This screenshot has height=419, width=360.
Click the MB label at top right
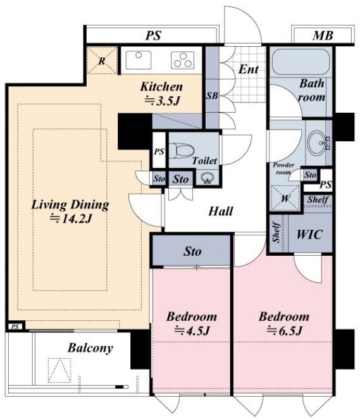tap(323, 35)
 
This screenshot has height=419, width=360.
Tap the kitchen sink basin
tap(139, 60)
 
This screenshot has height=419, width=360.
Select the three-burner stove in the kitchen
tap(183, 60)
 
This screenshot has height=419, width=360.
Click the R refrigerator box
tap(102, 60)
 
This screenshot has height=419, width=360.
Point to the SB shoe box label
tap(212, 96)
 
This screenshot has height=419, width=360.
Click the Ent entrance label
tap(248, 70)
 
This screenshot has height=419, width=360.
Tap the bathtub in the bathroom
tap(301, 61)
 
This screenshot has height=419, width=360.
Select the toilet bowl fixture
tap(182, 151)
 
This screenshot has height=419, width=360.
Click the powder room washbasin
tap(316, 142)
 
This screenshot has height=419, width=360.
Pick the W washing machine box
tap(285, 198)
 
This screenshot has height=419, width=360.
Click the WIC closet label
tap(309, 234)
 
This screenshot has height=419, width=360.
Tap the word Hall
tap(221, 211)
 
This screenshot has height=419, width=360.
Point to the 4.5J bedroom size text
tap(191, 331)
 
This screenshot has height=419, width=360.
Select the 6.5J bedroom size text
tap(284, 331)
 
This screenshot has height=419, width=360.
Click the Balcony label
tap(90, 348)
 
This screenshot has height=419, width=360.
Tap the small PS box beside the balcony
tap(15, 327)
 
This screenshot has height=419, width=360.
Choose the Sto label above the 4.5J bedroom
tap(192, 251)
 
